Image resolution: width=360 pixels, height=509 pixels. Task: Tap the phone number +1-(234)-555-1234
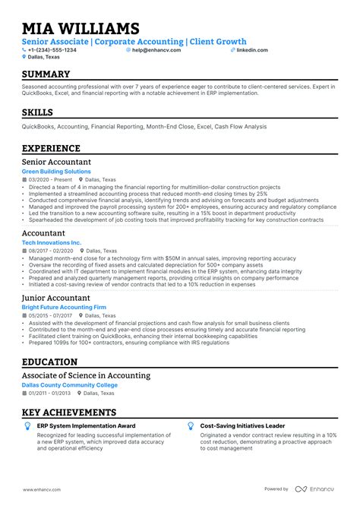click(52, 50)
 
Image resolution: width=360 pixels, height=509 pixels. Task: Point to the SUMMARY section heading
click(46, 74)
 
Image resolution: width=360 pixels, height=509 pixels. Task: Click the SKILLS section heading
click(38, 113)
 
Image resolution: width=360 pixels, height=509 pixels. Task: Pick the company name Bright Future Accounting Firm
click(64, 308)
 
